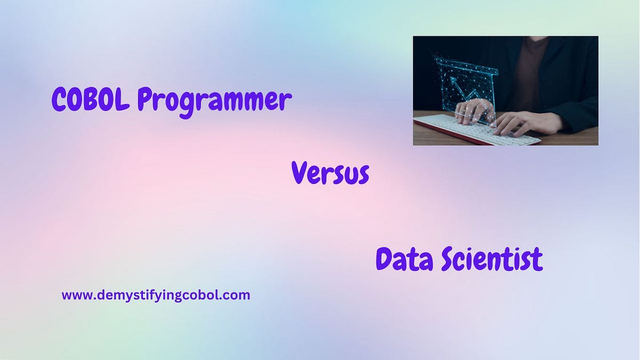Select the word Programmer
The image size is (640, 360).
214,101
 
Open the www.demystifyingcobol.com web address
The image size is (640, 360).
156,295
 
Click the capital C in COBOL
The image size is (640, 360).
59,100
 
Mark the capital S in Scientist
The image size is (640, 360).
450,260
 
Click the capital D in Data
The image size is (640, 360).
385,259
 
